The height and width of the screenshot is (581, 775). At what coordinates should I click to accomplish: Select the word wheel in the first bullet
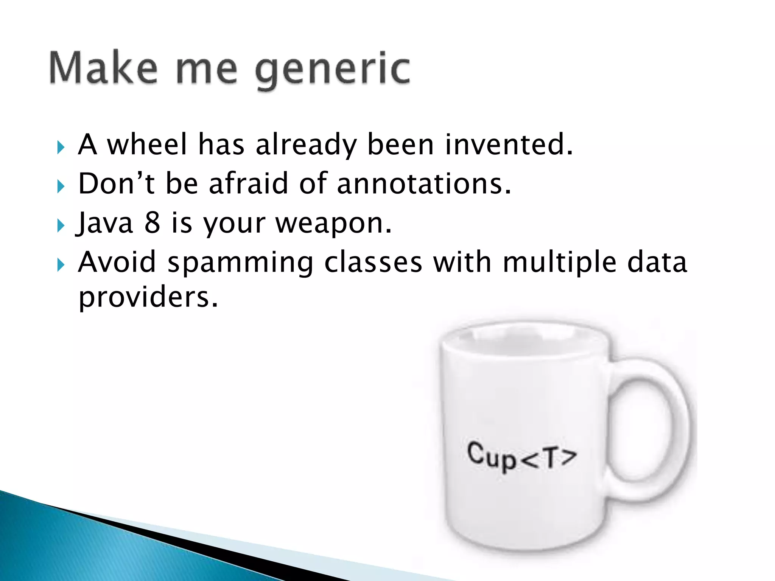coord(147,145)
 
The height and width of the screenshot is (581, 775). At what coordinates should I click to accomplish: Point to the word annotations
coord(424,184)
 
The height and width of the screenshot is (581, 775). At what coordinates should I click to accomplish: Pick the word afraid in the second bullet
coord(248,184)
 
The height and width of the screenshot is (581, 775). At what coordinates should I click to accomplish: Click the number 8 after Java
coord(152,223)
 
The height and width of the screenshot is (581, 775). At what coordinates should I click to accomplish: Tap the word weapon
coord(333,224)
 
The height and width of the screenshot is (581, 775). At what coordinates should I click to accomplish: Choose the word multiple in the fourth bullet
coord(560,263)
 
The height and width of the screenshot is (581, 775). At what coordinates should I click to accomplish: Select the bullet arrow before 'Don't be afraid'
coord(61,186)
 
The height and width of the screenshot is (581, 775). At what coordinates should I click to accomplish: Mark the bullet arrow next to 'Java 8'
coord(61,226)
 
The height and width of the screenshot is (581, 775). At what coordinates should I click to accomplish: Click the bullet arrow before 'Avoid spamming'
coord(61,265)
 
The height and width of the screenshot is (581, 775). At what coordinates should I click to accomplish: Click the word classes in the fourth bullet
coord(373,263)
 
